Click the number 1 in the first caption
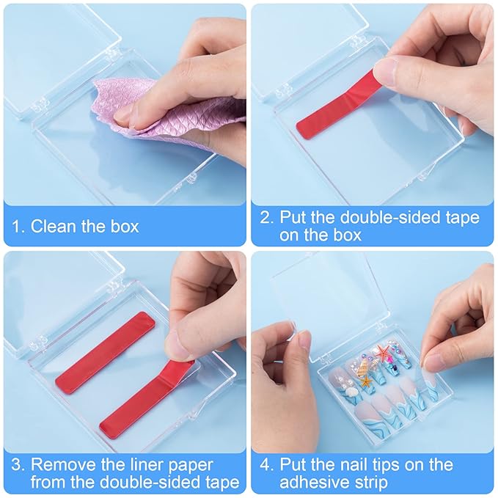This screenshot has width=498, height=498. coord(16,227)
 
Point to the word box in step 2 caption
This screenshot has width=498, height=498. coord(339,235)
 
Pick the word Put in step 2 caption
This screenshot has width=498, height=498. coord(296,217)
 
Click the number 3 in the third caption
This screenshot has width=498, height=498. coord(16,464)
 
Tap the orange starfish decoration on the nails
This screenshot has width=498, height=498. coord(384,354)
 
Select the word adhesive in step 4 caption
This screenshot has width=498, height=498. coord(322,483)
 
